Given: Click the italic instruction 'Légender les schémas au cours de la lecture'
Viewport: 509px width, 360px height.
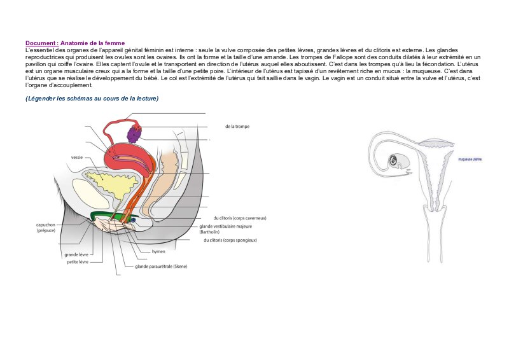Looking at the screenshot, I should click(92, 99).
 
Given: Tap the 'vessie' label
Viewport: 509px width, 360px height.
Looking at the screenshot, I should click(77, 157).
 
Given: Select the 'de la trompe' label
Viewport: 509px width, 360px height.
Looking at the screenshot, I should click(237, 127).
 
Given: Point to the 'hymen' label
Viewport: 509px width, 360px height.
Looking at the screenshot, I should click(158, 251).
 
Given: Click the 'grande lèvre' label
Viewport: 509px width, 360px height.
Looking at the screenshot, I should click(76, 254).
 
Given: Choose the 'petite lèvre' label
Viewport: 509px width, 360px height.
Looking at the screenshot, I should click(78, 261).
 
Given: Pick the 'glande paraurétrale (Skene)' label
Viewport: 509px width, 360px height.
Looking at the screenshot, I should click(161, 267).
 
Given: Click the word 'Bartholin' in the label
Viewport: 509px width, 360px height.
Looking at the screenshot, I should click(211, 232).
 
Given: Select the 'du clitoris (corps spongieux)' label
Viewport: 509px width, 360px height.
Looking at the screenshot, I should click(230, 240).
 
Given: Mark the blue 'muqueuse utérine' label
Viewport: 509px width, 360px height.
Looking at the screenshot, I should click(470, 159).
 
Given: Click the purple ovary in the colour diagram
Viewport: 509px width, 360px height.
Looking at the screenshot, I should click(134, 134).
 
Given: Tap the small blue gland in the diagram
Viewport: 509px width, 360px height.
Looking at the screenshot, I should click(134, 220).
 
